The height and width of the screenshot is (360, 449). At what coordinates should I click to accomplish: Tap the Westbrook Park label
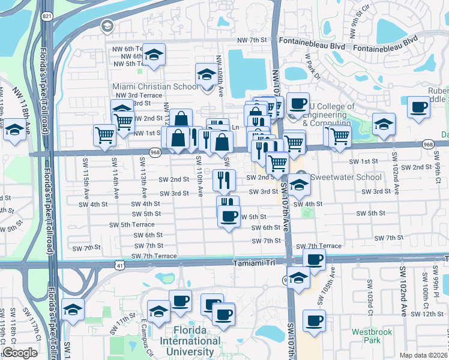pyautogui.click(x=366, y=335)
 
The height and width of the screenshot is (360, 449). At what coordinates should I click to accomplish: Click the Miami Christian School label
pyautogui.click(x=155, y=86)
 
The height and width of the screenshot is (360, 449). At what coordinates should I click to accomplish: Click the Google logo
pyautogui.click(x=20, y=352)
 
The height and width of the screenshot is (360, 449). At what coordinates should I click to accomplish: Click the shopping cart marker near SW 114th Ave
pyautogui.click(x=104, y=136)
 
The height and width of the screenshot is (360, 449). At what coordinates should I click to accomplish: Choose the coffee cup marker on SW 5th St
pyautogui.click(x=229, y=217)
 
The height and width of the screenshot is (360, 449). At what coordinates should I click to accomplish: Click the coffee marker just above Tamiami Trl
pyautogui.click(x=313, y=259)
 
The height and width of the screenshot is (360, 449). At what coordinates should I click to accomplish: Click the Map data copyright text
pyautogui.click(x=424, y=355)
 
